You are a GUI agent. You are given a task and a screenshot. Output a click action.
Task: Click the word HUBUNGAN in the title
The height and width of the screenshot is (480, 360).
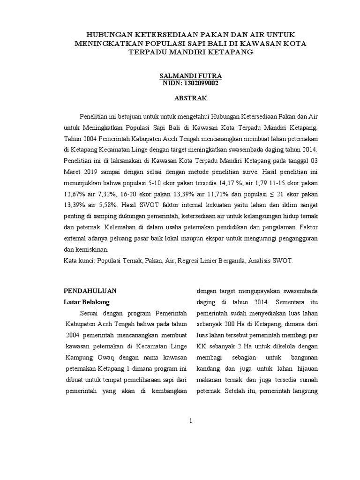point(108,34)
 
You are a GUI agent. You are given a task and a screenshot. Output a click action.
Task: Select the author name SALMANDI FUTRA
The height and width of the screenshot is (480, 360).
point(190,75)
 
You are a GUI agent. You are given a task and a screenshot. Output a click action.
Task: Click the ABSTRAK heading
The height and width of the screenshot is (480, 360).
point(190,99)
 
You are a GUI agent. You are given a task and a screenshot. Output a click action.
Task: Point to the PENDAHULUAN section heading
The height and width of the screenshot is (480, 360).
point(90,290)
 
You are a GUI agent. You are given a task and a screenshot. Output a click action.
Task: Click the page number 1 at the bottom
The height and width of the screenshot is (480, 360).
point(191,421)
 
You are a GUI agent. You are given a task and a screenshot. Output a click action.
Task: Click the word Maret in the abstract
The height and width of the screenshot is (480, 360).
point(73,171)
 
